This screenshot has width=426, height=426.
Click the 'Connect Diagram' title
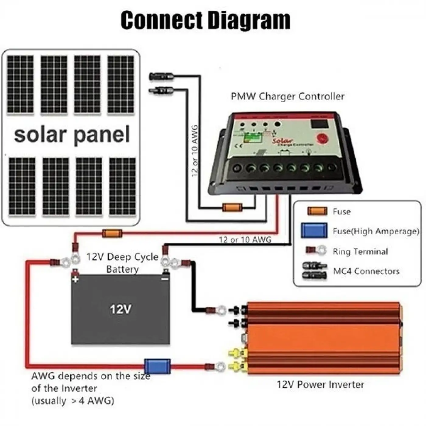click(x=205, y=20)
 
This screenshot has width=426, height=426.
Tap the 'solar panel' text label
click(x=72, y=135)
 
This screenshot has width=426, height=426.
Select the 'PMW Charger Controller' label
click(x=288, y=96)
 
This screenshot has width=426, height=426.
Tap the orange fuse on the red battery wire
click(x=112, y=233)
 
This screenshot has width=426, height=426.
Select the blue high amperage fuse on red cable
click(x=157, y=366)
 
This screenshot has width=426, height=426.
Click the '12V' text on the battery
click(x=121, y=309)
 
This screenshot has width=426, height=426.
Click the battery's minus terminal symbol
click(x=165, y=278)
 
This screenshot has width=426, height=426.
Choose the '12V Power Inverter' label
click(x=320, y=384)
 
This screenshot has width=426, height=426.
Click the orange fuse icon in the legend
click(x=317, y=211)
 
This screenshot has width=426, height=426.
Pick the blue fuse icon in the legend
click(x=314, y=230)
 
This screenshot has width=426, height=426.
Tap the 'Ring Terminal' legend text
click(x=360, y=251)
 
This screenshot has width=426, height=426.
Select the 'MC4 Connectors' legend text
click(x=366, y=271)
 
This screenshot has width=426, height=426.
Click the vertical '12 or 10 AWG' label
click(x=195, y=151)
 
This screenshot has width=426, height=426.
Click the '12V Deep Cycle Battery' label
click(x=122, y=263)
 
